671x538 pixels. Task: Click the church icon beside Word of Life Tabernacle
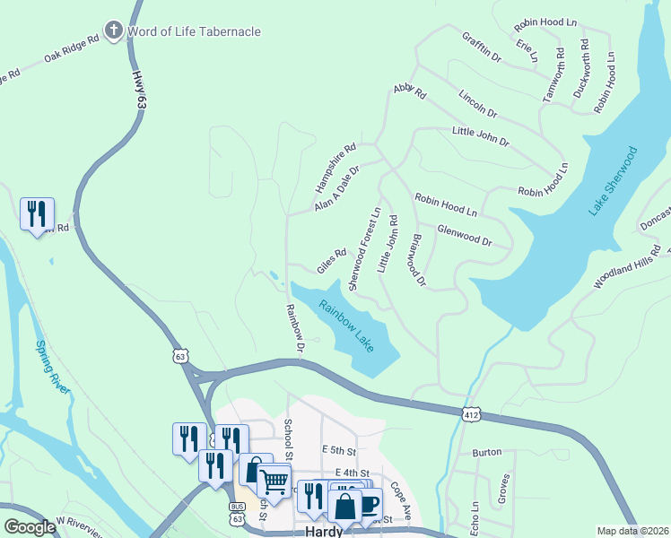(x=113, y=31)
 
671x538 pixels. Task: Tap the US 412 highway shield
(x=471, y=414)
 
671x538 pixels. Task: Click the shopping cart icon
(x=274, y=480)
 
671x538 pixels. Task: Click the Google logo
(x=30, y=527)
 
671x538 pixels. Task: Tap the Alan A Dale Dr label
(x=337, y=188)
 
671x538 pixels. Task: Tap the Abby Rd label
(x=409, y=91)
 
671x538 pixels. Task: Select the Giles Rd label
(x=331, y=261)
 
